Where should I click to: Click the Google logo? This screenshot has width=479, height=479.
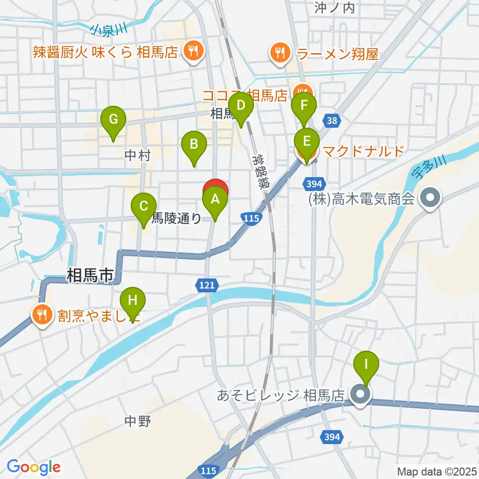(33, 468)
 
